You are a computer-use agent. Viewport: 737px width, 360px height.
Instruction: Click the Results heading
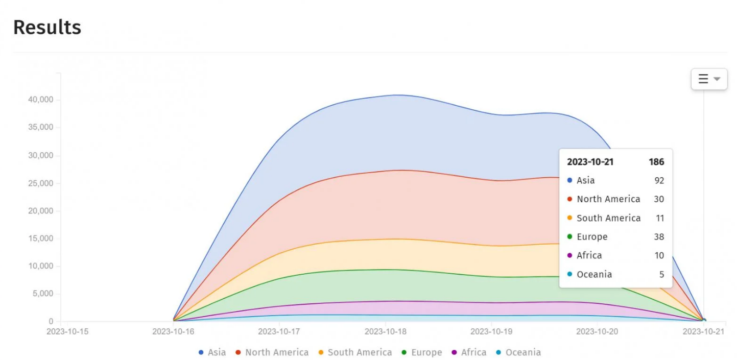[47, 27]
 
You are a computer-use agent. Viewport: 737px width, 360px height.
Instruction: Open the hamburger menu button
[709, 79]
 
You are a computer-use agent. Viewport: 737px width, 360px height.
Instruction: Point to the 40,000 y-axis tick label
[40, 100]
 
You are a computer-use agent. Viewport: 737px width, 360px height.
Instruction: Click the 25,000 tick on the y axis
[40, 183]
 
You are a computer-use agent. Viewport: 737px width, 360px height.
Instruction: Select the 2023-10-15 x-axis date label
[67, 331]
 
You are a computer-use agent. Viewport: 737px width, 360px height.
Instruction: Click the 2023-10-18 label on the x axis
[385, 331]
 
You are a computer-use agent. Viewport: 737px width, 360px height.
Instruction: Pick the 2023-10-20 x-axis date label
[597, 331]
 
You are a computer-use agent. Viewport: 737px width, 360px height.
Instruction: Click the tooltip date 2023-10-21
[590, 162]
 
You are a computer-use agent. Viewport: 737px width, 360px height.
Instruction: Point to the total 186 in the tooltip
[656, 162]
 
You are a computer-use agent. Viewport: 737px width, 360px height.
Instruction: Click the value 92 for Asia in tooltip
[659, 180]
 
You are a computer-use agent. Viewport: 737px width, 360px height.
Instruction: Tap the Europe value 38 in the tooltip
[659, 236]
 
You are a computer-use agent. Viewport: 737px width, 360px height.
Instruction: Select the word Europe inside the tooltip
[592, 236]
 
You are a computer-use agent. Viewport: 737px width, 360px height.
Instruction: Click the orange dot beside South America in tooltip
[569, 218]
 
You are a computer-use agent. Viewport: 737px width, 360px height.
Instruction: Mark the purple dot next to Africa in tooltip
[569, 255]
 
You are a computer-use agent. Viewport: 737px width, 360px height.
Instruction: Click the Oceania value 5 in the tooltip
[661, 274]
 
